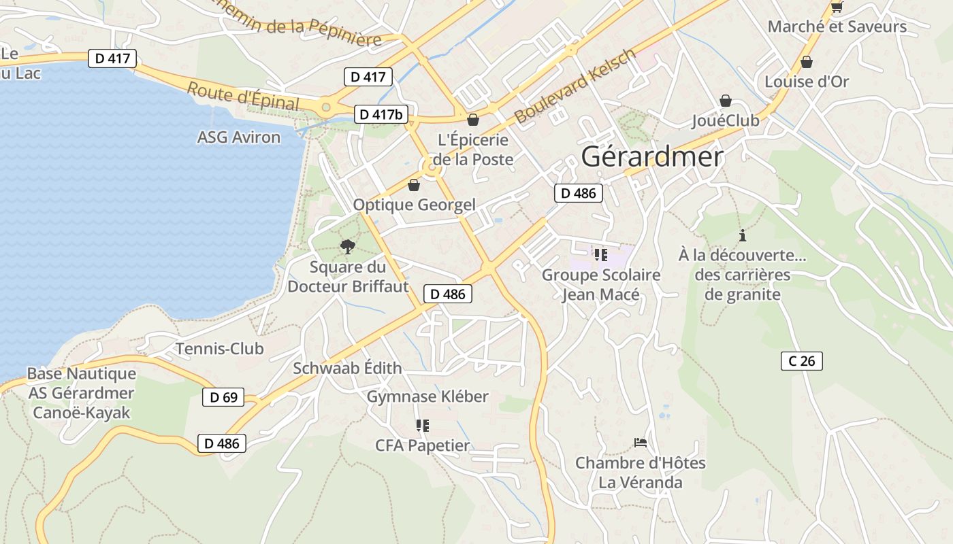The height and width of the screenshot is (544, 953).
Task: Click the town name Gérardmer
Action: pos(651,157)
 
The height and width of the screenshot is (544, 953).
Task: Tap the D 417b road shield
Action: pos(381,114)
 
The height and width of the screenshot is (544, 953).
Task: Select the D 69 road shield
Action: pos(223,397)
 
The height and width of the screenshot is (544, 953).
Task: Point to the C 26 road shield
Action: pos(801,361)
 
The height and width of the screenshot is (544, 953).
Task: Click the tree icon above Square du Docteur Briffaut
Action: pos(348,246)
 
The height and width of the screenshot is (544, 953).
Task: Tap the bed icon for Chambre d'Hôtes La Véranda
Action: pos(640,443)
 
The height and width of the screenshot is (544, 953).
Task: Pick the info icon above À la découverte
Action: pos(742,235)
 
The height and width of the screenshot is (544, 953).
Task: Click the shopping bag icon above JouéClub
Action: pos(726,101)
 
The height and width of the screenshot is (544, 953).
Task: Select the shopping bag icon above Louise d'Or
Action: pos(807,62)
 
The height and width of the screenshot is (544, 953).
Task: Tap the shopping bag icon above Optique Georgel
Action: pos(414,185)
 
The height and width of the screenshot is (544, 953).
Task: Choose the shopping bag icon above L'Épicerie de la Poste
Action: pos(473,120)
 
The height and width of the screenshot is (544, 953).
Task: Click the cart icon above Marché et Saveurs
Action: pos(837,7)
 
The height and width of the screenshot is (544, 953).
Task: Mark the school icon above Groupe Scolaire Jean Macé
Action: pos(600,255)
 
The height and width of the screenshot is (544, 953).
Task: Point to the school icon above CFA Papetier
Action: pos(423,426)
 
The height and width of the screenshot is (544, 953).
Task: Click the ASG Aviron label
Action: pos(238,137)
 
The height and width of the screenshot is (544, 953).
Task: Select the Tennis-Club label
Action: pos(219,349)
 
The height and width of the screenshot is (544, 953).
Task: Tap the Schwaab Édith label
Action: pos(347,369)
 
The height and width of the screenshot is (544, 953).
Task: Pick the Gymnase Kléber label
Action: pos(427,396)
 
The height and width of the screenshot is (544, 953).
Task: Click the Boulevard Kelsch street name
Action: pos(575,86)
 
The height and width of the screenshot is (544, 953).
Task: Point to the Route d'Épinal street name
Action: pos(243,96)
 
